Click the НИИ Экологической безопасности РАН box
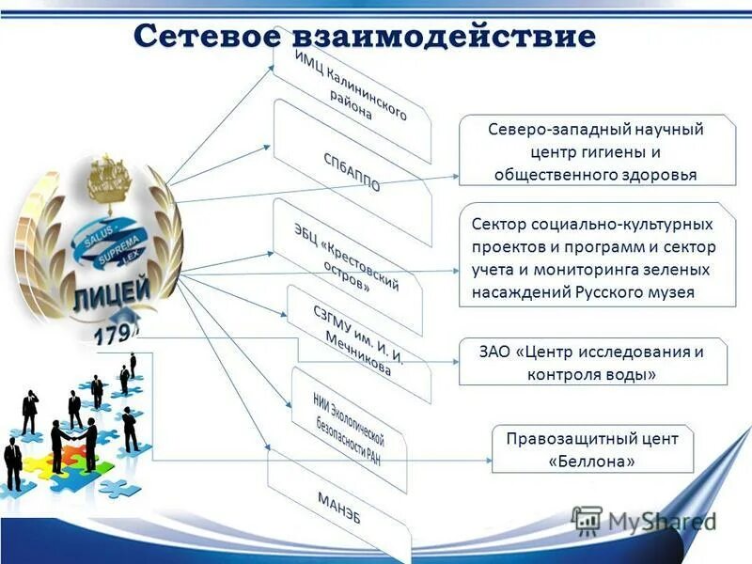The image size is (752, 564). (350, 429)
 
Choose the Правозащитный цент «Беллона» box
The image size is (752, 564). (592, 449)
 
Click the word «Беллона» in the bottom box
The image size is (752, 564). (592, 462)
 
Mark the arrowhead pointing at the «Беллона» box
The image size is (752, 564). (487, 461)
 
